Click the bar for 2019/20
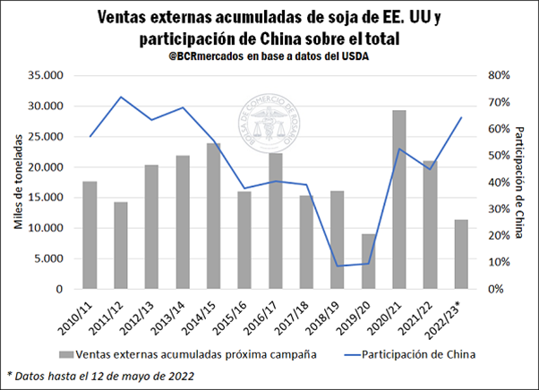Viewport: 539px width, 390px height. click(x=369, y=261)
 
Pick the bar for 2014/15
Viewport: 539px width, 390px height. click(x=213, y=216)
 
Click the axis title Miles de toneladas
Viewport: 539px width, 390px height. click(x=17, y=182)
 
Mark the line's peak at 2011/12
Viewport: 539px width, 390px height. click(x=120, y=97)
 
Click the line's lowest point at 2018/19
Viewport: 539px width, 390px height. click(x=337, y=266)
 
